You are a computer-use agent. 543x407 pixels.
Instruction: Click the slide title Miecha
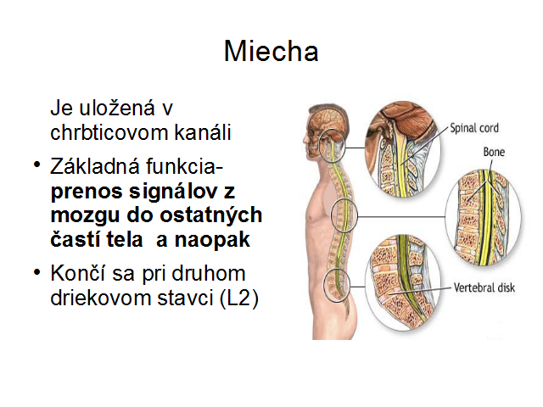point(271,52)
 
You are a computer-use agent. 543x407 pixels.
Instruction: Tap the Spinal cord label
point(474,128)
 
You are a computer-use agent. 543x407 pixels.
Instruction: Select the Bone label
point(494,152)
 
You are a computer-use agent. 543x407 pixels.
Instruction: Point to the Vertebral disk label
point(484,287)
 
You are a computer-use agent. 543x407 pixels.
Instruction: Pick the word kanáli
point(203,132)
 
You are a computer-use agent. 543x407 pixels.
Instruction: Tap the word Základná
point(94,166)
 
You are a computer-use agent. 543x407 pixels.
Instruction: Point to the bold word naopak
point(212,239)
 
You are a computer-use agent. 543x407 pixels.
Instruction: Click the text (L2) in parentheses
point(239,298)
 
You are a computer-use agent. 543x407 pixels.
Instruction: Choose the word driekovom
point(101,298)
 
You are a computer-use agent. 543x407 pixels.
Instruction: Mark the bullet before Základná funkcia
point(37,164)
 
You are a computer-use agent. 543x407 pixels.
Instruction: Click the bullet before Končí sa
point(37,271)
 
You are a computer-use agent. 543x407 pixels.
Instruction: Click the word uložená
point(117,108)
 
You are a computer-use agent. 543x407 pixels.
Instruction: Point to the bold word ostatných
point(211,216)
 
